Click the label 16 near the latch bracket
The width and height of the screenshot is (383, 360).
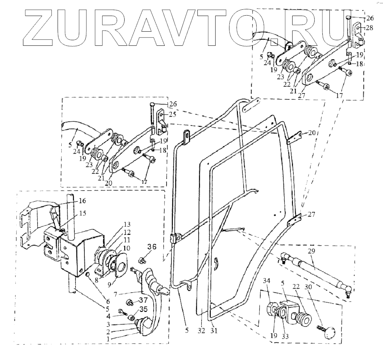[x=82, y=201]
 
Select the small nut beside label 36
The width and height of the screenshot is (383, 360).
[x=141, y=259]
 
